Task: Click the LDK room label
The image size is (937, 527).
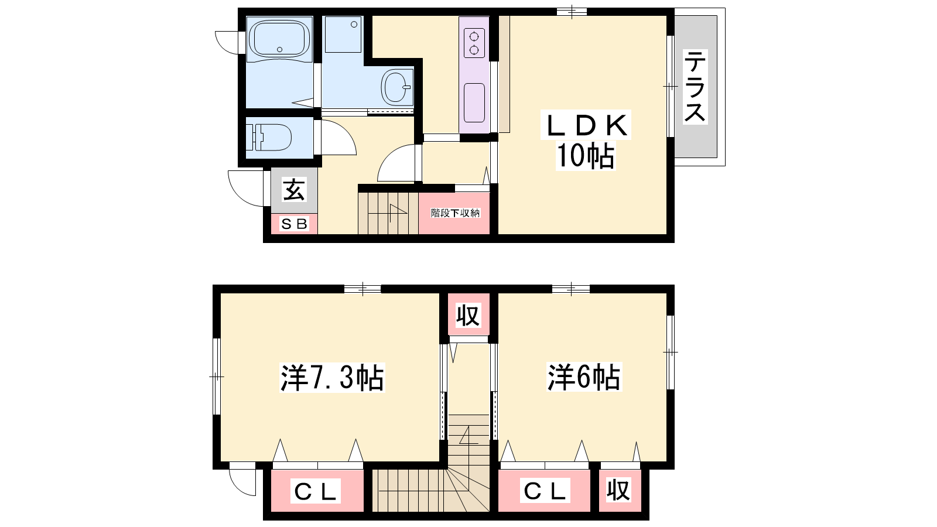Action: pyautogui.click(x=586, y=125)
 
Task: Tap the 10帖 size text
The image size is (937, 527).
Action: pyautogui.click(x=585, y=156)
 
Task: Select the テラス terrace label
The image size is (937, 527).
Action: pyautogui.click(x=695, y=87)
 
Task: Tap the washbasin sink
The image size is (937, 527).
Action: pyautogui.click(x=396, y=87)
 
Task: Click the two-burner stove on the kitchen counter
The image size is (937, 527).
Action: pyautogui.click(x=474, y=43)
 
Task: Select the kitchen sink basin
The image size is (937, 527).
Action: pyautogui.click(x=474, y=103)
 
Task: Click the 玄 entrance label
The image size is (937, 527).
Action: pyautogui.click(x=294, y=190)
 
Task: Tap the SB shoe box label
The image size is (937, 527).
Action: pyautogui.click(x=295, y=224)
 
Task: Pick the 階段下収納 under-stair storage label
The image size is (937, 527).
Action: pyautogui.click(x=455, y=213)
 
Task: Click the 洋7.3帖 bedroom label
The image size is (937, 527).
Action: pyautogui.click(x=332, y=378)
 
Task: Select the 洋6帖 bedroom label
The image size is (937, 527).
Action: pyautogui.click(x=584, y=377)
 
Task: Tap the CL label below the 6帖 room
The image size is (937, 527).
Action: pyautogui.click(x=545, y=491)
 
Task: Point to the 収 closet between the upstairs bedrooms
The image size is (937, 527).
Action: pyautogui.click(x=468, y=316)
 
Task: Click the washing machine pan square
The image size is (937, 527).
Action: pyautogui.click(x=343, y=35)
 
